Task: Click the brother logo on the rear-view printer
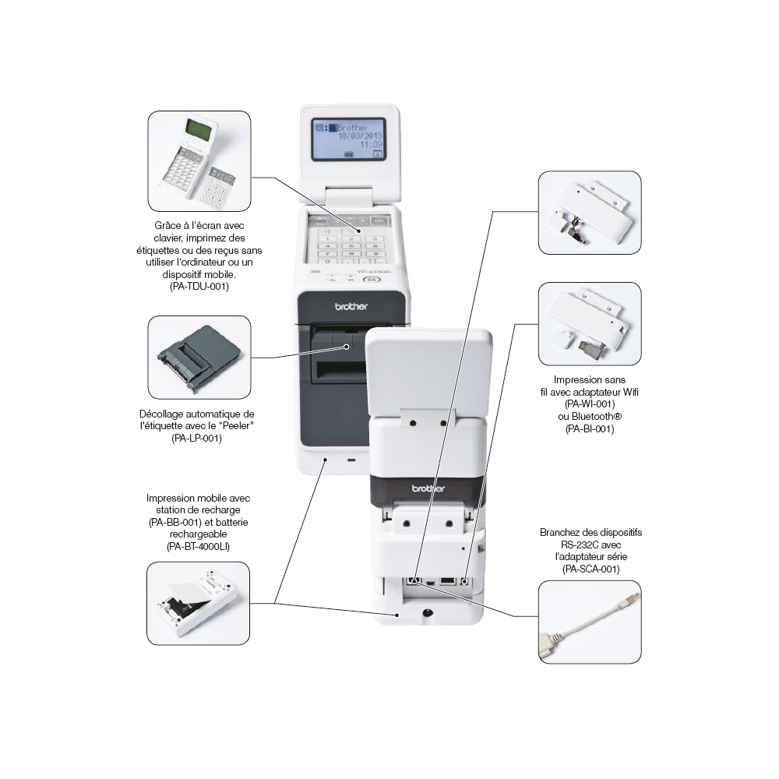click(428, 488)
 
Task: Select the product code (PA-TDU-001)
click(199, 287)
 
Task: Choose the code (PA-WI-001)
click(590, 404)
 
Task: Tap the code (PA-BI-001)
click(590, 428)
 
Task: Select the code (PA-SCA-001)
click(590, 569)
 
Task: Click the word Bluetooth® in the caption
click(590, 417)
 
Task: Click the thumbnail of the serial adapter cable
click(590, 622)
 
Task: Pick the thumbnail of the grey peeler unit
click(199, 357)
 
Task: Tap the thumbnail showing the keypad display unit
click(199, 161)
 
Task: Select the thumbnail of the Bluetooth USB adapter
click(590, 323)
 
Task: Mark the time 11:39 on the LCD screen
click(372, 145)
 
